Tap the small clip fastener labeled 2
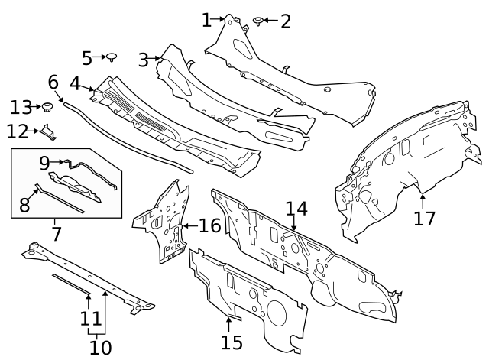258,20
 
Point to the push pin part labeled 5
112,57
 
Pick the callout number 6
53,81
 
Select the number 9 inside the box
44,162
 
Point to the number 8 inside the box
24,205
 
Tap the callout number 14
296,209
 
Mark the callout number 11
90,319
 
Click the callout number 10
100,348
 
